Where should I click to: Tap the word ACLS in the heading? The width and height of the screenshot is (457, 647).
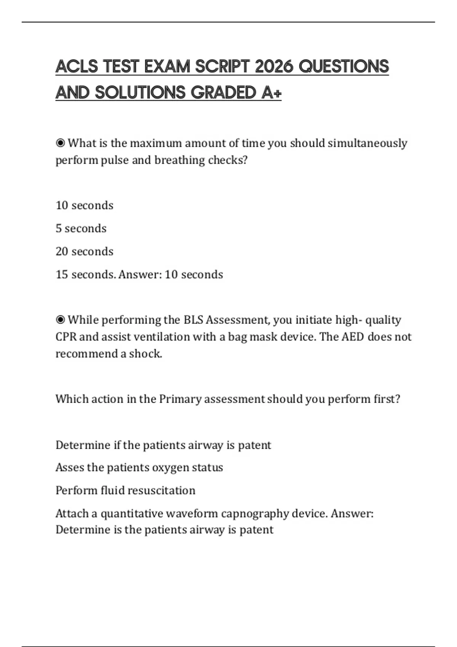(x=77, y=67)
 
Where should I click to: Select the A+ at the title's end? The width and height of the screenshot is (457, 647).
(x=271, y=92)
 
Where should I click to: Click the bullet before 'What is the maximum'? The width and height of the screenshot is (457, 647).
(x=60, y=143)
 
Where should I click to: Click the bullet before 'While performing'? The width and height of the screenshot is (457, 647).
(x=60, y=320)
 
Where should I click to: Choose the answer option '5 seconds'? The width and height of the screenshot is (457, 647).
(x=81, y=228)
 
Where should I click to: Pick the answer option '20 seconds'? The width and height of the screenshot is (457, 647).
(x=84, y=251)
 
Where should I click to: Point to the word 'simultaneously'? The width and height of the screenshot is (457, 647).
(x=367, y=143)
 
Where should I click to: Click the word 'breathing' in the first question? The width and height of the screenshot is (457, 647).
(x=179, y=160)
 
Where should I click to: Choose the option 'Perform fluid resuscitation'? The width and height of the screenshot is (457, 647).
(x=125, y=490)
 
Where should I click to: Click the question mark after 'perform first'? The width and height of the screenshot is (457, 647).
(x=398, y=399)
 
